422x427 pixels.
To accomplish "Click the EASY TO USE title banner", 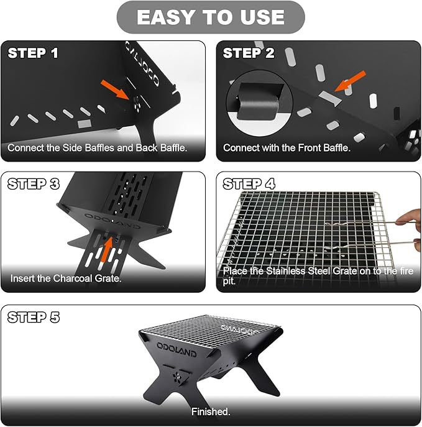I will [x=211, y=17].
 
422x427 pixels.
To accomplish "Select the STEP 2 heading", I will [x=249, y=53].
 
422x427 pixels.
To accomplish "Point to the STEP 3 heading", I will [x=34, y=184].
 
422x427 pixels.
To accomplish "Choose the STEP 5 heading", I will [x=34, y=317].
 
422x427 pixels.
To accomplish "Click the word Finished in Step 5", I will [x=211, y=411].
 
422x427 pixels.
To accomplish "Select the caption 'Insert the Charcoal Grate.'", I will [x=66, y=278].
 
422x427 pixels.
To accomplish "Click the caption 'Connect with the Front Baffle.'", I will [x=287, y=148].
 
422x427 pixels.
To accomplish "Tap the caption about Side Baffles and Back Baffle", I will [x=97, y=148].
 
